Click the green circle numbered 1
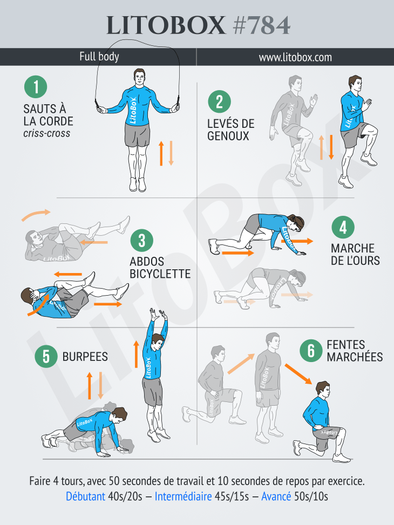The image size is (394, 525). pyautogui.click(x=36, y=87)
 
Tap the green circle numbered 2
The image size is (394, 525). pyautogui.click(x=220, y=102)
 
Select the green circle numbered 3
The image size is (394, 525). pyautogui.click(x=142, y=241)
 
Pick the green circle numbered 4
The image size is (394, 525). pyautogui.click(x=343, y=227)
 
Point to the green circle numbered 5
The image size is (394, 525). pyautogui.click(x=46, y=356)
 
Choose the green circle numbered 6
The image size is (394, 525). pyautogui.click(x=311, y=351)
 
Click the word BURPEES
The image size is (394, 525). pyautogui.click(x=85, y=357)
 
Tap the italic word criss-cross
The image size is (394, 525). pyautogui.click(x=47, y=133)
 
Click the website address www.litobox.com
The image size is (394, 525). pyautogui.click(x=295, y=57)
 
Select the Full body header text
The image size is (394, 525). pyautogui.click(x=99, y=56)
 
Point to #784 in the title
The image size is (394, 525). pyautogui.click(x=262, y=25)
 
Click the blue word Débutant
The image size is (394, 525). pyautogui.click(x=85, y=496)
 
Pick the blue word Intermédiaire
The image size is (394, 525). pyautogui.click(x=184, y=496)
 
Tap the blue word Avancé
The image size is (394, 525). pyautogui.click(x=276, y=496)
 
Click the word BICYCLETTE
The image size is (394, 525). pyautogui.click(x=160, y=274)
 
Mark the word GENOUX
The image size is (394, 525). pyautogui.click(x=228, y=136)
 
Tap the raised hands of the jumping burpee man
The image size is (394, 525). pyautogui.click(x=159, y=315)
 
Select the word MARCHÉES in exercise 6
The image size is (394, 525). pyautogui.click(x=355, y=357)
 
